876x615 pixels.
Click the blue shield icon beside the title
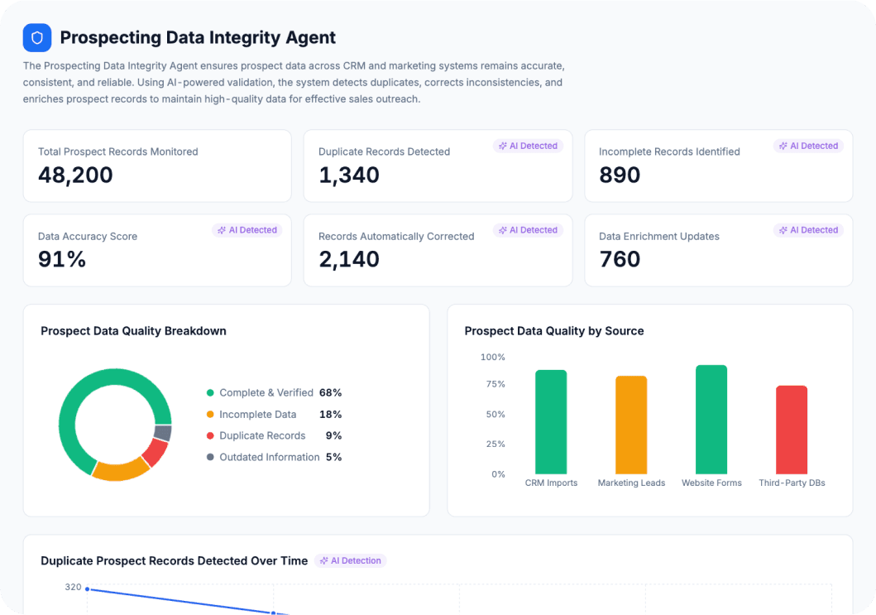(x=37, y=38)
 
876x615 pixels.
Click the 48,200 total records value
(x=75, y=175)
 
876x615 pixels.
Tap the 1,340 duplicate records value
(x=348, y=175)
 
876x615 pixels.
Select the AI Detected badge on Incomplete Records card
(x=807, y=146)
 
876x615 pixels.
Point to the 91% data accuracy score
(x=62, y=260)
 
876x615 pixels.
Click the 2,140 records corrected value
(x=348, y=260)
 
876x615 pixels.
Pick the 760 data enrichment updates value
(x=620, y=260)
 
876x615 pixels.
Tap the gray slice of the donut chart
(x=163, y=433)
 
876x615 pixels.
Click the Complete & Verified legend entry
(x=266, y=392)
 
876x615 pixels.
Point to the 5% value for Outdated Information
(x=333, y=457)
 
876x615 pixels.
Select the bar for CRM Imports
(x=551, y=422)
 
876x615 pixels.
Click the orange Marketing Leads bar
(x=631, y=425)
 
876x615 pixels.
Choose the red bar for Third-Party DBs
(x=792, y=430)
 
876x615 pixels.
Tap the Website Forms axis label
(x=711, y=483)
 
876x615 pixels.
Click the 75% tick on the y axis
(x=495, y=384)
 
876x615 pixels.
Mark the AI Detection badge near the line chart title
(x=351, y=560)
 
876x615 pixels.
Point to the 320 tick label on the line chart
(x=73, y=587)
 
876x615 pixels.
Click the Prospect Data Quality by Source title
(x=553, y=331)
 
